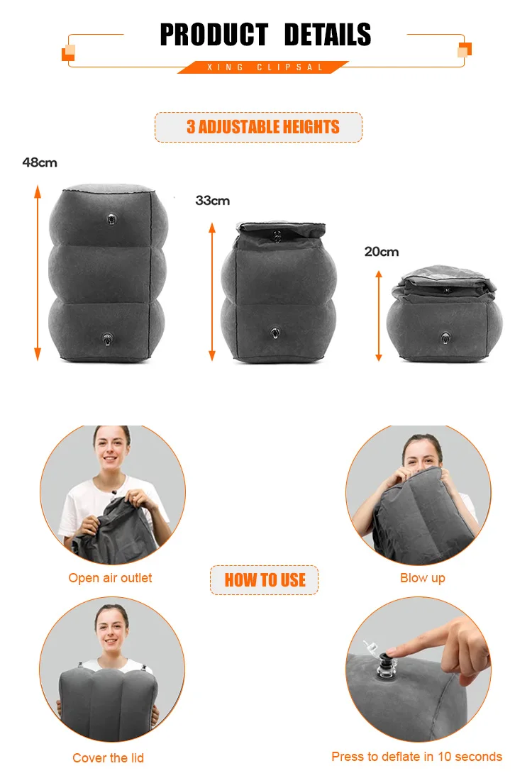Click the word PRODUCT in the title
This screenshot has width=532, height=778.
[x=214, y=35]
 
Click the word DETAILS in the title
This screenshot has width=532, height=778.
[x=328, y=35]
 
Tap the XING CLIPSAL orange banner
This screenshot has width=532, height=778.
[x=264, y=67]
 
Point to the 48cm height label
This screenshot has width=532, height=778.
[x=40, y=162]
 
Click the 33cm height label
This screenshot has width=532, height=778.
[x=212, y=201]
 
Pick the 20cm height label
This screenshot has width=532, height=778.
[x=382, y=252]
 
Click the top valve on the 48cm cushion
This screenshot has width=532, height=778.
[x=111, y=219]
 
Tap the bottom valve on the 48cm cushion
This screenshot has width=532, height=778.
[x=107, y=339]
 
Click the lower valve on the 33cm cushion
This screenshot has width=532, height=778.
[x=275, y=333]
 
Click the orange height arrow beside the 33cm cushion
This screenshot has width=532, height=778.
[x=212, y=291]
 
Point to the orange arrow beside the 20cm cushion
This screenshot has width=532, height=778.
[x=379, y=316]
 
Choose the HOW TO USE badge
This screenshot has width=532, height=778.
[x=264, y=580]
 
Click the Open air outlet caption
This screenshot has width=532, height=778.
[x=110, y=578]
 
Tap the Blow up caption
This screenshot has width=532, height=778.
[x=423, y=578]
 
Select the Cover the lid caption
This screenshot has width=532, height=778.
[x=109, y=758]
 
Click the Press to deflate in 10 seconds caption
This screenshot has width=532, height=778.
[x=417, y=757]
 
